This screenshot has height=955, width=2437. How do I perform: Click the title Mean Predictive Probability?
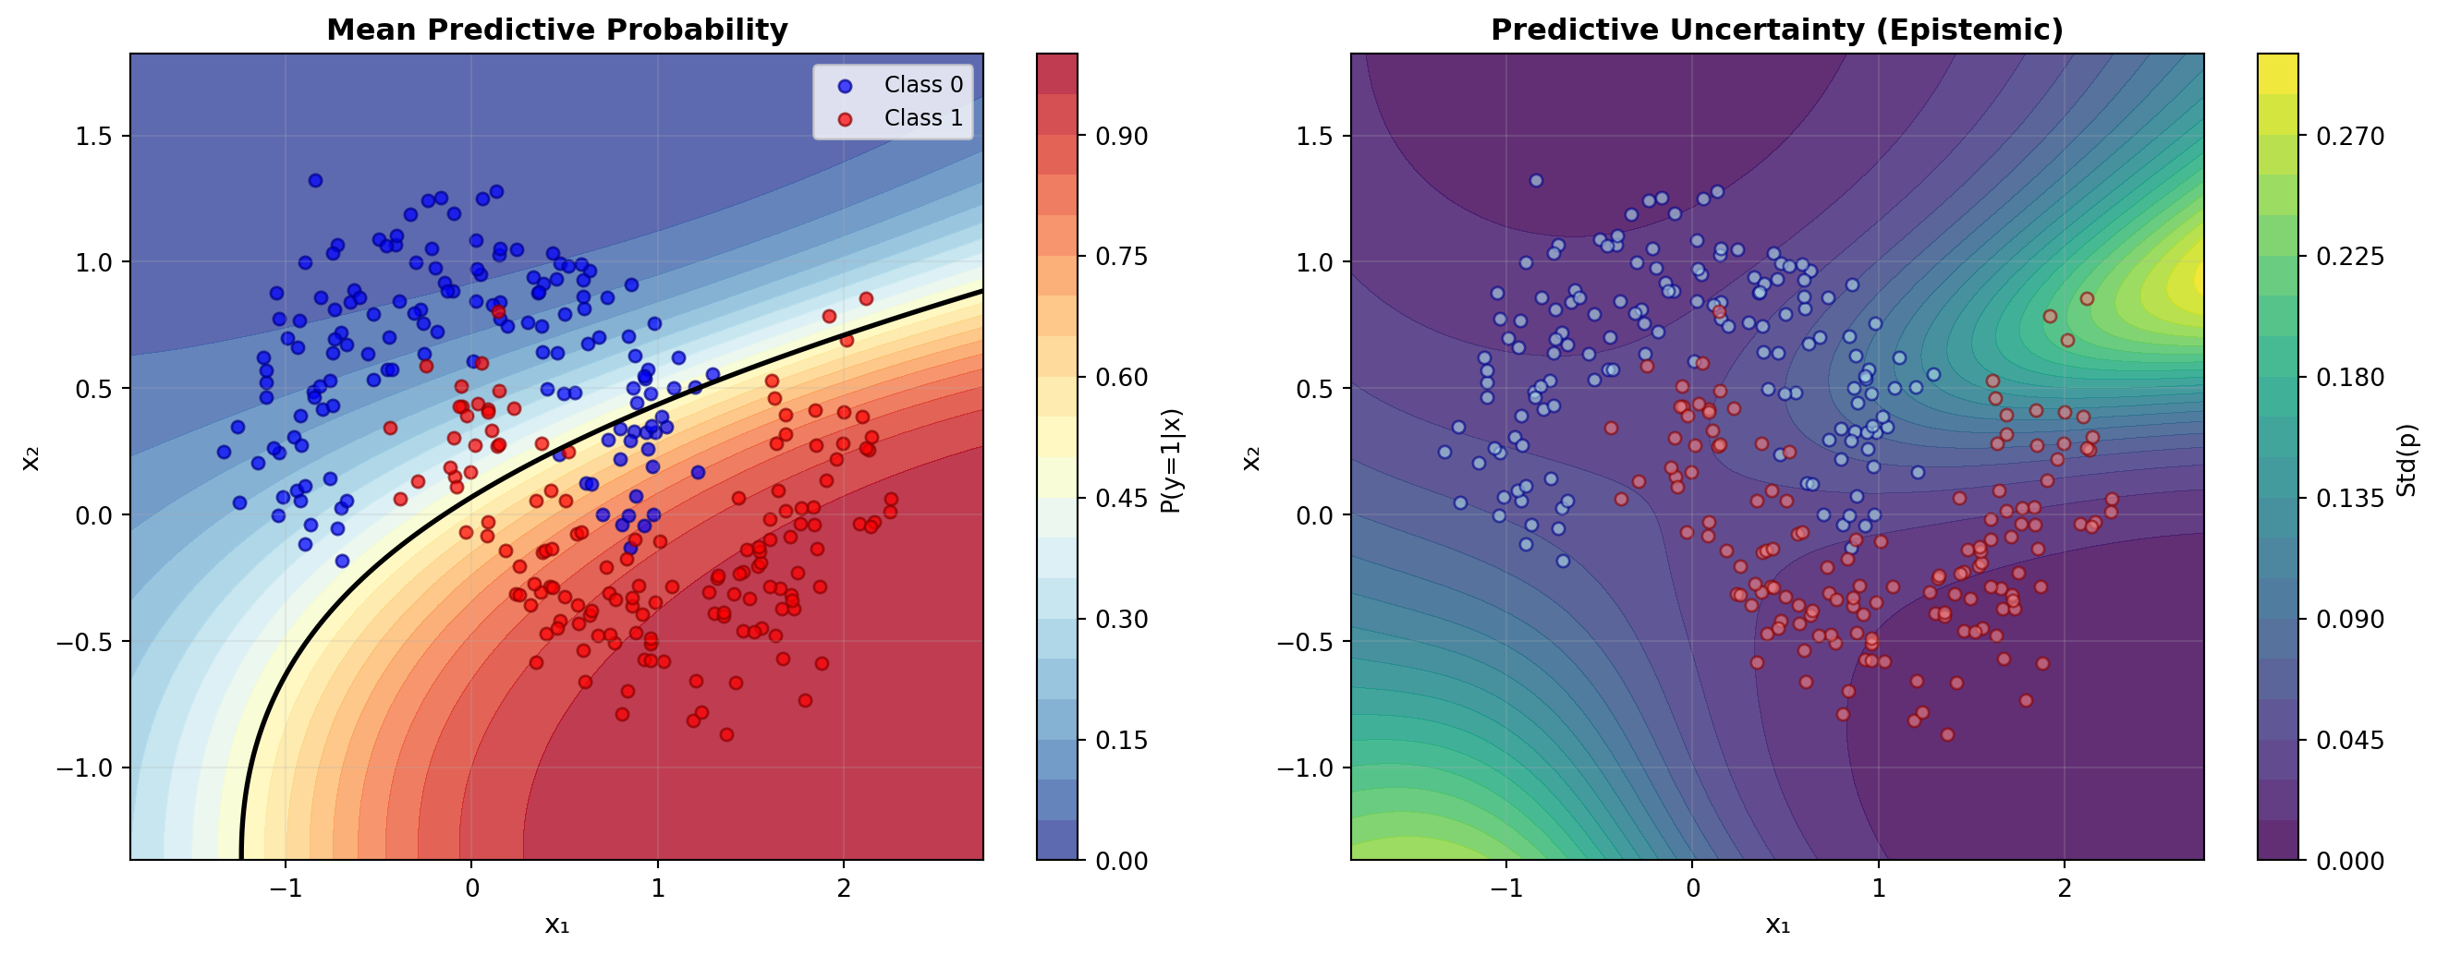(x=556, y=30)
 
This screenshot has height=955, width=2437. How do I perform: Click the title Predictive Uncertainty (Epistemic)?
(x=1776, y=30)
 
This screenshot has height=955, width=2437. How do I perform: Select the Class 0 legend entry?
(x=922, y=85)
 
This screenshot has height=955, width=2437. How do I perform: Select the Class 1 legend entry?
(x=922, y=118)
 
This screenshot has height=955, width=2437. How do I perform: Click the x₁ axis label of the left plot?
(x=556, y=925)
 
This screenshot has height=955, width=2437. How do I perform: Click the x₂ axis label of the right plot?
(x=1250, y=458)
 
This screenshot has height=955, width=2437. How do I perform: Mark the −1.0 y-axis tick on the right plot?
(x=1310, y=768)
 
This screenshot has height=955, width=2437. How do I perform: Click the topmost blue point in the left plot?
(x=315, y=181)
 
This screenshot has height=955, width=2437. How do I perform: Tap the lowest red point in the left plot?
(x=726, y=734)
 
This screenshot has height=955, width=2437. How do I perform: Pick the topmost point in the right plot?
(x=1536, y=181)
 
